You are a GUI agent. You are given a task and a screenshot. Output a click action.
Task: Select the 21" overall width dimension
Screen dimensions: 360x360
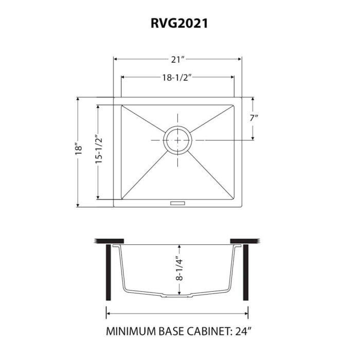click(178, 60)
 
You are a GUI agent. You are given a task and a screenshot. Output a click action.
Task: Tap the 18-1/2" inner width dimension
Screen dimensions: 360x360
click(178, 78)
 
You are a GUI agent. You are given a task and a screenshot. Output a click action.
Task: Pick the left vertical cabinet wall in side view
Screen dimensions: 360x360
click(107, 273)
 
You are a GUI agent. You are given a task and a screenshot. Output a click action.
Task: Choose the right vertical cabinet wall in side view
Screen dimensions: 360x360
click(246, 273)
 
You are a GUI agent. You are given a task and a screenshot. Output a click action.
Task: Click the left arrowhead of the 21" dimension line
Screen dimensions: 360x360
click(116, 60)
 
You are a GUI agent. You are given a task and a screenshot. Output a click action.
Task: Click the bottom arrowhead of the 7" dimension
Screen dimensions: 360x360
click(253, 137)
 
